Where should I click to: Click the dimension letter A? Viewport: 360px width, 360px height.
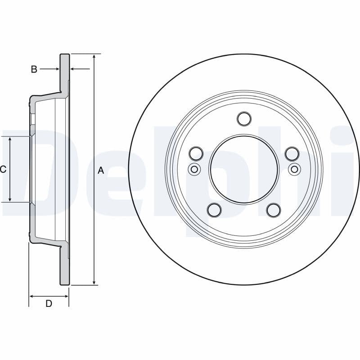tap(101, 170)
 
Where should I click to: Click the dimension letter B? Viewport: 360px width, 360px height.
tap(34, 69)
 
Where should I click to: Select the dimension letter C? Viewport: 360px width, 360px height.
tap(3, 169)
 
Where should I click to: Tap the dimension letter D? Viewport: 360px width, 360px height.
tap(49, 303)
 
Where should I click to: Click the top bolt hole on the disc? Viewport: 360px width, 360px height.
tap(244, 118)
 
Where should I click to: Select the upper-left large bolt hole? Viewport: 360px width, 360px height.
tap(196, 153)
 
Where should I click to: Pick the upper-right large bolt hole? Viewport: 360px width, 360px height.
tap(292, 153)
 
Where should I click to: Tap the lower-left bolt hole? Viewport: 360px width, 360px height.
tap(214, 210)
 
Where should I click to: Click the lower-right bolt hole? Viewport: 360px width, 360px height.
tap(274, 210)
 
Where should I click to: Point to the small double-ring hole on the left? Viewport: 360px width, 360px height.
tap(194, 169)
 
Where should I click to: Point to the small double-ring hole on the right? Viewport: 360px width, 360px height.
tap(294, 169)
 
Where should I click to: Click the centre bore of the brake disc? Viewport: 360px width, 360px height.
tap(244, 169)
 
